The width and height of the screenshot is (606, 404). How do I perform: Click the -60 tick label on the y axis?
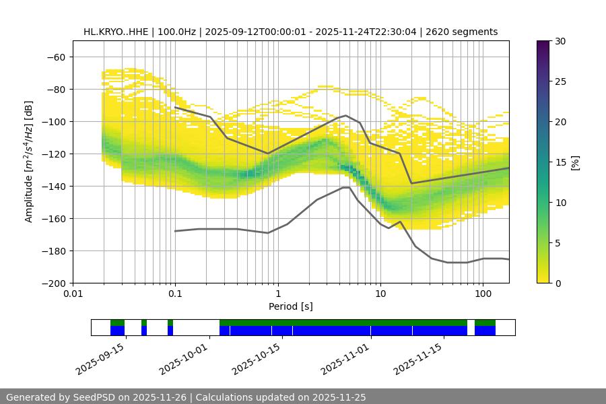[55, 57]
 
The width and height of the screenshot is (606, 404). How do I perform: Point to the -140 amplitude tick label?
[53, 187]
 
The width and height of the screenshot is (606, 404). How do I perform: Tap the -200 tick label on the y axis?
[53, 283]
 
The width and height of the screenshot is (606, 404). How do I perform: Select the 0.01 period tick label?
[73, 294]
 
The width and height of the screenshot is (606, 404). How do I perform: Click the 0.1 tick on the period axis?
[175, 294]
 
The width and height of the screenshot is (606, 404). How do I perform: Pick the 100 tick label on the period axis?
[482, 294]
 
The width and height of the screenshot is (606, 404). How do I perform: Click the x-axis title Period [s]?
[290, 306]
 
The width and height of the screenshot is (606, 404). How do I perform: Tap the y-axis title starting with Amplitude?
[29, 162]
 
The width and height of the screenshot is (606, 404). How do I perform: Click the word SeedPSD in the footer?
[92, 397]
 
